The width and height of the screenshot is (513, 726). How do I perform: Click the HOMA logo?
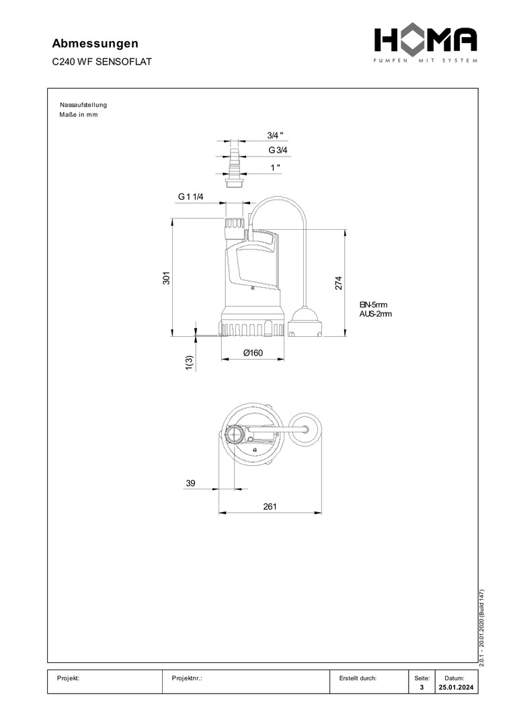(426, 44)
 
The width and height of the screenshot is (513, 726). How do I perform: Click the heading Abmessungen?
(95, 44)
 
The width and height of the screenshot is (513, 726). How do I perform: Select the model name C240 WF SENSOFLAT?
(102, 62)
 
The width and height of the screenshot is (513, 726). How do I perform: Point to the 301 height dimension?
(167, 278)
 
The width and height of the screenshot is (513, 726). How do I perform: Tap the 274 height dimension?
(338, 283)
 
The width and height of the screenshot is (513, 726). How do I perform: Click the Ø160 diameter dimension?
(253, 353)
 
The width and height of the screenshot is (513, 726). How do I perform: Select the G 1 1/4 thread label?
(191, 197)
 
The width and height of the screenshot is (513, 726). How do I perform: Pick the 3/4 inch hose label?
(275, 135)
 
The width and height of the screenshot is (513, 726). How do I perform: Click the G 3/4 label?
(278, 150)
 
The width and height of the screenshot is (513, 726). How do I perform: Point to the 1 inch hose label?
(276, 167)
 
